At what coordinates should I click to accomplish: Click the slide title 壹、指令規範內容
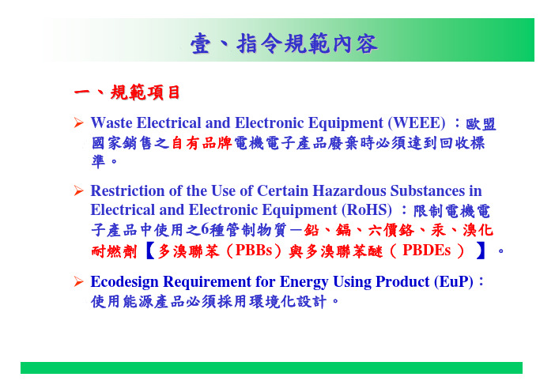click(x=285, y=43)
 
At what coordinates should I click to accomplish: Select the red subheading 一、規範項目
click(x=127, y=92)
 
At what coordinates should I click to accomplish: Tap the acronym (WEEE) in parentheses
click(x=417, y=123)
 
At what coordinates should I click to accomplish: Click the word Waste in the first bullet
click(x=111, y=123)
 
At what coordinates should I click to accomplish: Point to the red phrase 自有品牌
click(x=202, y=143)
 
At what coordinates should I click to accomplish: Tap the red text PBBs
click(x=254, y=251)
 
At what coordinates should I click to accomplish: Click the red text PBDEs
click(x=426, y=251)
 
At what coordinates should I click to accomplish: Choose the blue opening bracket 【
click(x=150, y=251)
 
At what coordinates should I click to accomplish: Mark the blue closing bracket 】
click(x=481, y=251)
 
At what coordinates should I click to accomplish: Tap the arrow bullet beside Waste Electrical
click(x=78, y=122)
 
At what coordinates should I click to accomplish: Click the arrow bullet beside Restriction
click(x=78, y=190)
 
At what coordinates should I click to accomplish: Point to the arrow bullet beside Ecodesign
click(x=78, y=281)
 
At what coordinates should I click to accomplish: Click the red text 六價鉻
click(x=391, y=231)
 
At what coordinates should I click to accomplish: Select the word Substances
click(x=428, y=191)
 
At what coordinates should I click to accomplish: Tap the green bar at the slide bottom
click(x=271, y=367)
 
